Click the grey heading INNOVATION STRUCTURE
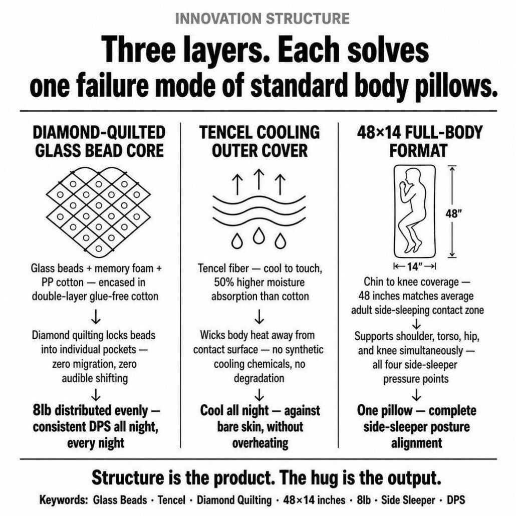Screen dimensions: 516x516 pyautogui.click(x=263, y=19)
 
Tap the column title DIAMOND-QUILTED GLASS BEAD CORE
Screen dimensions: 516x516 pyautogui.click(x=99, y=141)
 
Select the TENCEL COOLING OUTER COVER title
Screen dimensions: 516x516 pyautogui.click(x=260, y=141)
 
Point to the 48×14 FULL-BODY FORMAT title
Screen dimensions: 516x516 pyautogui.click(x=419, y=141)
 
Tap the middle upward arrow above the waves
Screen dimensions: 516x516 pyautogui.click(x=259, y=179)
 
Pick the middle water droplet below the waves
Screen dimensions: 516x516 pyautogui.click(x=259, y=235)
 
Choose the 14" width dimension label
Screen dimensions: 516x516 pyautogui.click(x=415, y=266)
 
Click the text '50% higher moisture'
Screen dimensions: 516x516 pyautogui.click(x=260, y=283)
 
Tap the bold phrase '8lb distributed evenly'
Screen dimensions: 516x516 pyautogui.click(x=91, y=410)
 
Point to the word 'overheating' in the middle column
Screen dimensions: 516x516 pyautogui.click(x=260, y=443)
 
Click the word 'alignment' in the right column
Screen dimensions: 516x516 pyautogui.click(x=417, y=443)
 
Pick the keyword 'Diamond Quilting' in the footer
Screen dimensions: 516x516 pyautogui.click(x=234, y=500)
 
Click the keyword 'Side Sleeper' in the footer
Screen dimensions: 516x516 pyautogui.click(x=408, y=500)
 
